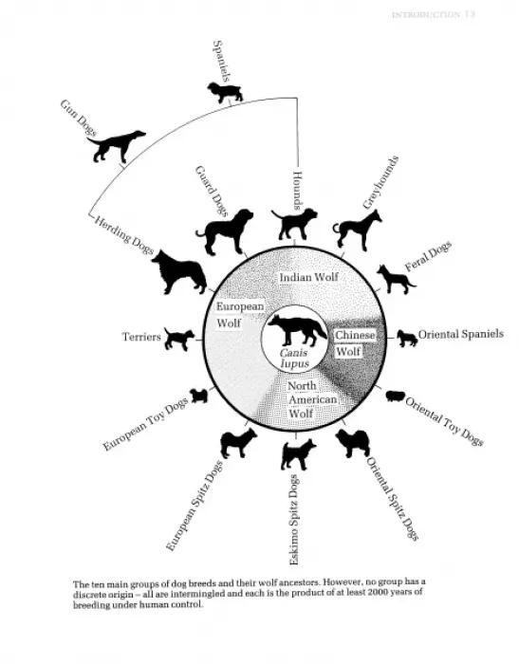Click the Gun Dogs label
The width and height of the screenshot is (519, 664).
tap(79, 118)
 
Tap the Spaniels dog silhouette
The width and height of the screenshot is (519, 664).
tap(225, 92)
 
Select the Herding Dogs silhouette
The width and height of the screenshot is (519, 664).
tap(179, 272)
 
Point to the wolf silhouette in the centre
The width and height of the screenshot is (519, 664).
tap(297, 331)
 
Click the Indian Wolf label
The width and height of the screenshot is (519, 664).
tap(309, 277)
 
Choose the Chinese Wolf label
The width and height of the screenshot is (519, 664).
tap(355, 343)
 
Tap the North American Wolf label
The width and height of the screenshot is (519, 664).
tap(312, 399)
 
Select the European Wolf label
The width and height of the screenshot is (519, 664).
tap(240, 315)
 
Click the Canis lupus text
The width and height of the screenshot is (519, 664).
tap(294, 359)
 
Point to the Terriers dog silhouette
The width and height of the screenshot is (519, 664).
tap(178, 339)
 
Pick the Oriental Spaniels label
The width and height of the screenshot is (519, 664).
tap(461, 334)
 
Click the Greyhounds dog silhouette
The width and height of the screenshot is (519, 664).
tap(357, 230)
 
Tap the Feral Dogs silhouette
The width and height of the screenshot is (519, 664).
tap(397, 279)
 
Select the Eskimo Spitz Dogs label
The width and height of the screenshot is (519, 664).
tap(293, 520)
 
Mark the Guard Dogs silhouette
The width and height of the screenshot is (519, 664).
tap(225, 231)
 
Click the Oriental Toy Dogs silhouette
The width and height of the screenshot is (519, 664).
tap(396, 396)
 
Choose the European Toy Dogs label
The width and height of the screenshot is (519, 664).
tap(145, 425)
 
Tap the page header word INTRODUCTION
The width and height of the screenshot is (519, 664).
tap(426, 15)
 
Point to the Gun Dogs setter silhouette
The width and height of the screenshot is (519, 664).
tap(116, 146)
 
